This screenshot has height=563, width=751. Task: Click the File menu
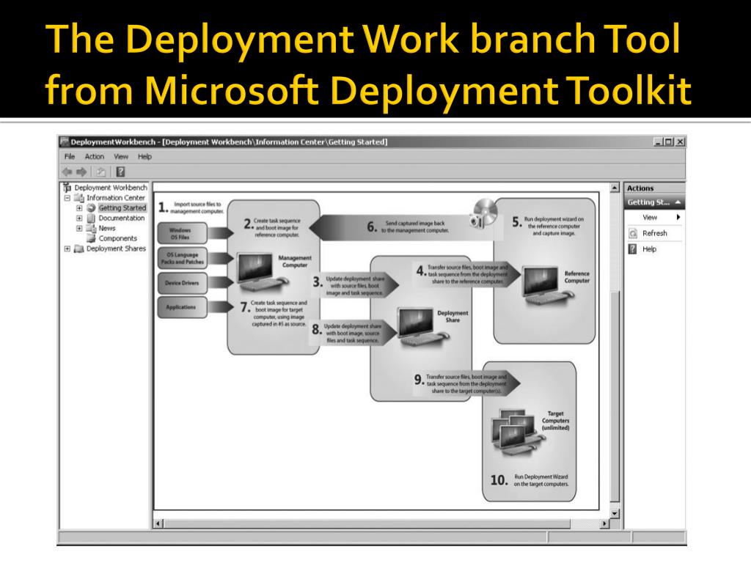click(70, 157)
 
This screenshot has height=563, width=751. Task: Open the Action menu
click(94, 157)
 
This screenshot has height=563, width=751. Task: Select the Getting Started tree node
click(122, 207)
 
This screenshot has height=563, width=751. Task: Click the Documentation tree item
click(121, 218)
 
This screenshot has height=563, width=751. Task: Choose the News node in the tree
click(107, 228)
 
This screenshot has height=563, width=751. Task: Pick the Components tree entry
click(117, 238)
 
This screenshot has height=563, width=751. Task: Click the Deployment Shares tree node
click(116, 249)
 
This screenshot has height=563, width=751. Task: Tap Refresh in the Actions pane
click(654, 233)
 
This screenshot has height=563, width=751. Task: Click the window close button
click(680, 141)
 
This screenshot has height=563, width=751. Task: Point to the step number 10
click(499, 480)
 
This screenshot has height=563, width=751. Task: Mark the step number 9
click(419, 379)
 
